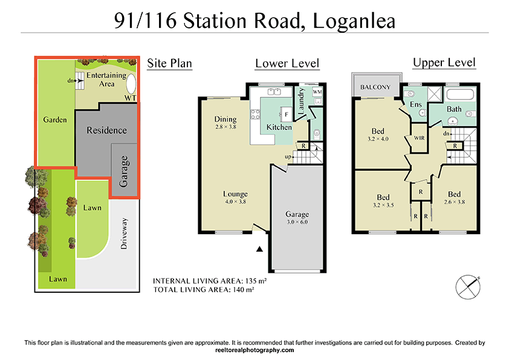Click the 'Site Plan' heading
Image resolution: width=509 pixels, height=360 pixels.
[170, 63]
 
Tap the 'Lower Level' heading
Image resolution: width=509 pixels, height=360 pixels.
[287, 64]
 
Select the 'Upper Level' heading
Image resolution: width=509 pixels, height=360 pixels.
[444, 62]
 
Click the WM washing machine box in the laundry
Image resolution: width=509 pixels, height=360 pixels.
[317, 91]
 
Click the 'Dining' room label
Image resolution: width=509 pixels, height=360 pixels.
[225, 119]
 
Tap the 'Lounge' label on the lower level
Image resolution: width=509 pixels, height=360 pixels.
[235, 194]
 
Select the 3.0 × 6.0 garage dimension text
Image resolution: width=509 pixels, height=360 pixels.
[297, 222]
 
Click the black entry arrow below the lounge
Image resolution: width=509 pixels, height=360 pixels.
[260, 248]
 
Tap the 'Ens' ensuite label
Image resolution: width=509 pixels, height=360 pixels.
[416, 105]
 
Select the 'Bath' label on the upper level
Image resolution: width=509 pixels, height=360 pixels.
[454, 110]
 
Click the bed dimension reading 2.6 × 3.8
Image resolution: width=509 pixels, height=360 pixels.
[454, 203]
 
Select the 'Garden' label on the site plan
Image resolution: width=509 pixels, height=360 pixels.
[55, 120]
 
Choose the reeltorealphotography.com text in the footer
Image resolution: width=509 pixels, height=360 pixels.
[254, 350]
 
